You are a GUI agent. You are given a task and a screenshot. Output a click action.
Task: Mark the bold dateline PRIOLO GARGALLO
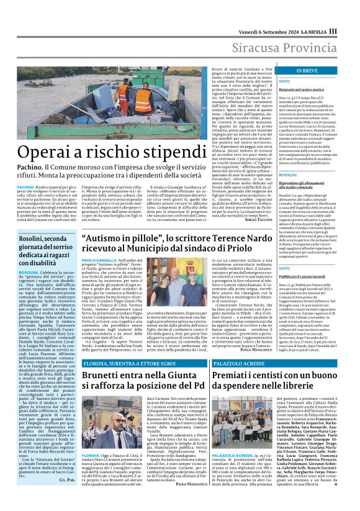point(97,260)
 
